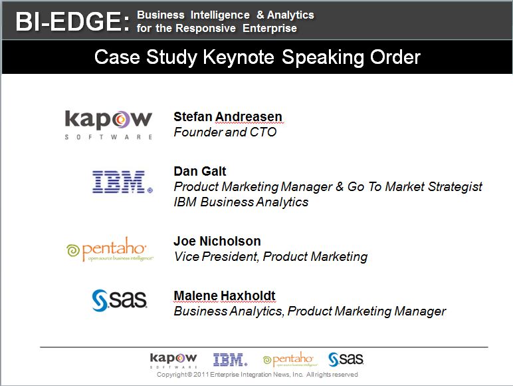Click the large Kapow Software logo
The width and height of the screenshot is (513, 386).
[108, 125]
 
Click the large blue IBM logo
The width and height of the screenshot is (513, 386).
[122, 182]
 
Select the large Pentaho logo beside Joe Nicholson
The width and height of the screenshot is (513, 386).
[110, 250]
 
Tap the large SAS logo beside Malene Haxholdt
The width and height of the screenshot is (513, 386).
[120, 300]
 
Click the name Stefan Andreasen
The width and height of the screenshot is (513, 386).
[228, 116]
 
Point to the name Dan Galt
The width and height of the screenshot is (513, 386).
[199, 171]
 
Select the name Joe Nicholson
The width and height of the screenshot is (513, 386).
[217, 241]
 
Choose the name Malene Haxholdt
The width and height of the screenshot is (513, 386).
[225, 295]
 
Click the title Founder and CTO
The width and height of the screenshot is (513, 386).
[225, 132]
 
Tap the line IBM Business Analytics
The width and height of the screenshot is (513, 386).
[241, 202]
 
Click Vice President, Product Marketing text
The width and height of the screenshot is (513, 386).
[271, 257]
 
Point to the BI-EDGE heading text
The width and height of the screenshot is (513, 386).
[72, 21]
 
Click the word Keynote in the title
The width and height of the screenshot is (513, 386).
[239, 57]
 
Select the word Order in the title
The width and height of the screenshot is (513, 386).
[395, 57]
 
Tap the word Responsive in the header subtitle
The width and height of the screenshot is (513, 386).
[205, 28]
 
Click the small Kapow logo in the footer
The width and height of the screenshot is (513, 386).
[173, 360]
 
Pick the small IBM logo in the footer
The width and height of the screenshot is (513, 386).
[231, 359]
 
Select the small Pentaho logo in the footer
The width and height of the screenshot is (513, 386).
[290, 359]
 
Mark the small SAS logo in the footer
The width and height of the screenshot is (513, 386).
[346, 359]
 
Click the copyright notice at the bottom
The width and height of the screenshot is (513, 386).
[257, 375]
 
